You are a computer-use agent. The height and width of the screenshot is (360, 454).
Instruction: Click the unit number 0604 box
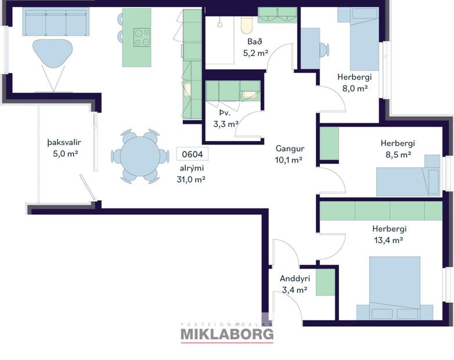point(192,154)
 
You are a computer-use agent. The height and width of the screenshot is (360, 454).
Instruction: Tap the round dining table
point(135,156)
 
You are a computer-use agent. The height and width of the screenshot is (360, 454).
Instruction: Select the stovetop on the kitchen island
point(142,37)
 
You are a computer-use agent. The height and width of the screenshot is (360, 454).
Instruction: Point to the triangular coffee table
point(53,52)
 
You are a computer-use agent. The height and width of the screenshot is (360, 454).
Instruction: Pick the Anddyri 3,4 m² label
point(293,284)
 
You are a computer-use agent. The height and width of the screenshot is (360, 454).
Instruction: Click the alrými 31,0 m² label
point(192,174)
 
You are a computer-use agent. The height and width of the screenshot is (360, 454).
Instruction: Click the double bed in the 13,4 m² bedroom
point(395,288)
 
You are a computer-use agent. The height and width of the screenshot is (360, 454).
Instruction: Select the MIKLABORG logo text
point(227,334)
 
